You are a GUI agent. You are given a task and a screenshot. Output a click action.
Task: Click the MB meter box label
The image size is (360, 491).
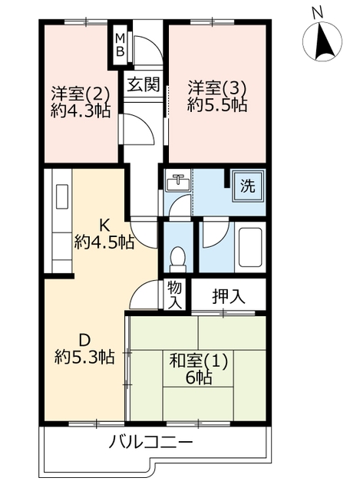pos(121,44)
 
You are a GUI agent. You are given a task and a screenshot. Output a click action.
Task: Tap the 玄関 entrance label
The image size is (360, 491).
pos(144,84)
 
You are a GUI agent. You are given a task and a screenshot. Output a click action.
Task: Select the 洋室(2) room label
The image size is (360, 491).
pos(81,94)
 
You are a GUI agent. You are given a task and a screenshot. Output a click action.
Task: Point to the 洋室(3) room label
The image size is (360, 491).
pos(217,89)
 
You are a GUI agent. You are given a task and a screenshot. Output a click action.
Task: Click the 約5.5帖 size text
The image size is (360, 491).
pos(217,105)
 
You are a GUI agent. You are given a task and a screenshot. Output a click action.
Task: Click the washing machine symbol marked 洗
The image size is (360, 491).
pos(248,186)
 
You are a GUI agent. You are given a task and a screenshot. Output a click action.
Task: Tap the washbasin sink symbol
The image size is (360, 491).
pos(178,182)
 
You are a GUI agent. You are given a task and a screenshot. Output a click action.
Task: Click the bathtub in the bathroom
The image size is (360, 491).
pos(250,247)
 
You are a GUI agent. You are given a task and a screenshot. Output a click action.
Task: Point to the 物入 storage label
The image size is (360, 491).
pos(175,295)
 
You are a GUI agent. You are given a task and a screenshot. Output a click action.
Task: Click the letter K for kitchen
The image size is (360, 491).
pos(104,225)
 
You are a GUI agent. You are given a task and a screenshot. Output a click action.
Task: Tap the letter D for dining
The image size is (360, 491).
pos(84,340)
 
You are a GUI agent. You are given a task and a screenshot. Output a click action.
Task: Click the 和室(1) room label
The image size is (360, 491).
pos(198,361)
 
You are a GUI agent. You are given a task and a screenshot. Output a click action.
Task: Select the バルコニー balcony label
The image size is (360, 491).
pos(150,443)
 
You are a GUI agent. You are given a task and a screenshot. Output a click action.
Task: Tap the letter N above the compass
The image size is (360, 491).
pos(317,13)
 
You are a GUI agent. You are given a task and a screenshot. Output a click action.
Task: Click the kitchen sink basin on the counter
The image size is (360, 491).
pos(61,196)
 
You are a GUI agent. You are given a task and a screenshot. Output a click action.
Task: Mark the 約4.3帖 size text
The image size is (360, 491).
pos(81,110)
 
